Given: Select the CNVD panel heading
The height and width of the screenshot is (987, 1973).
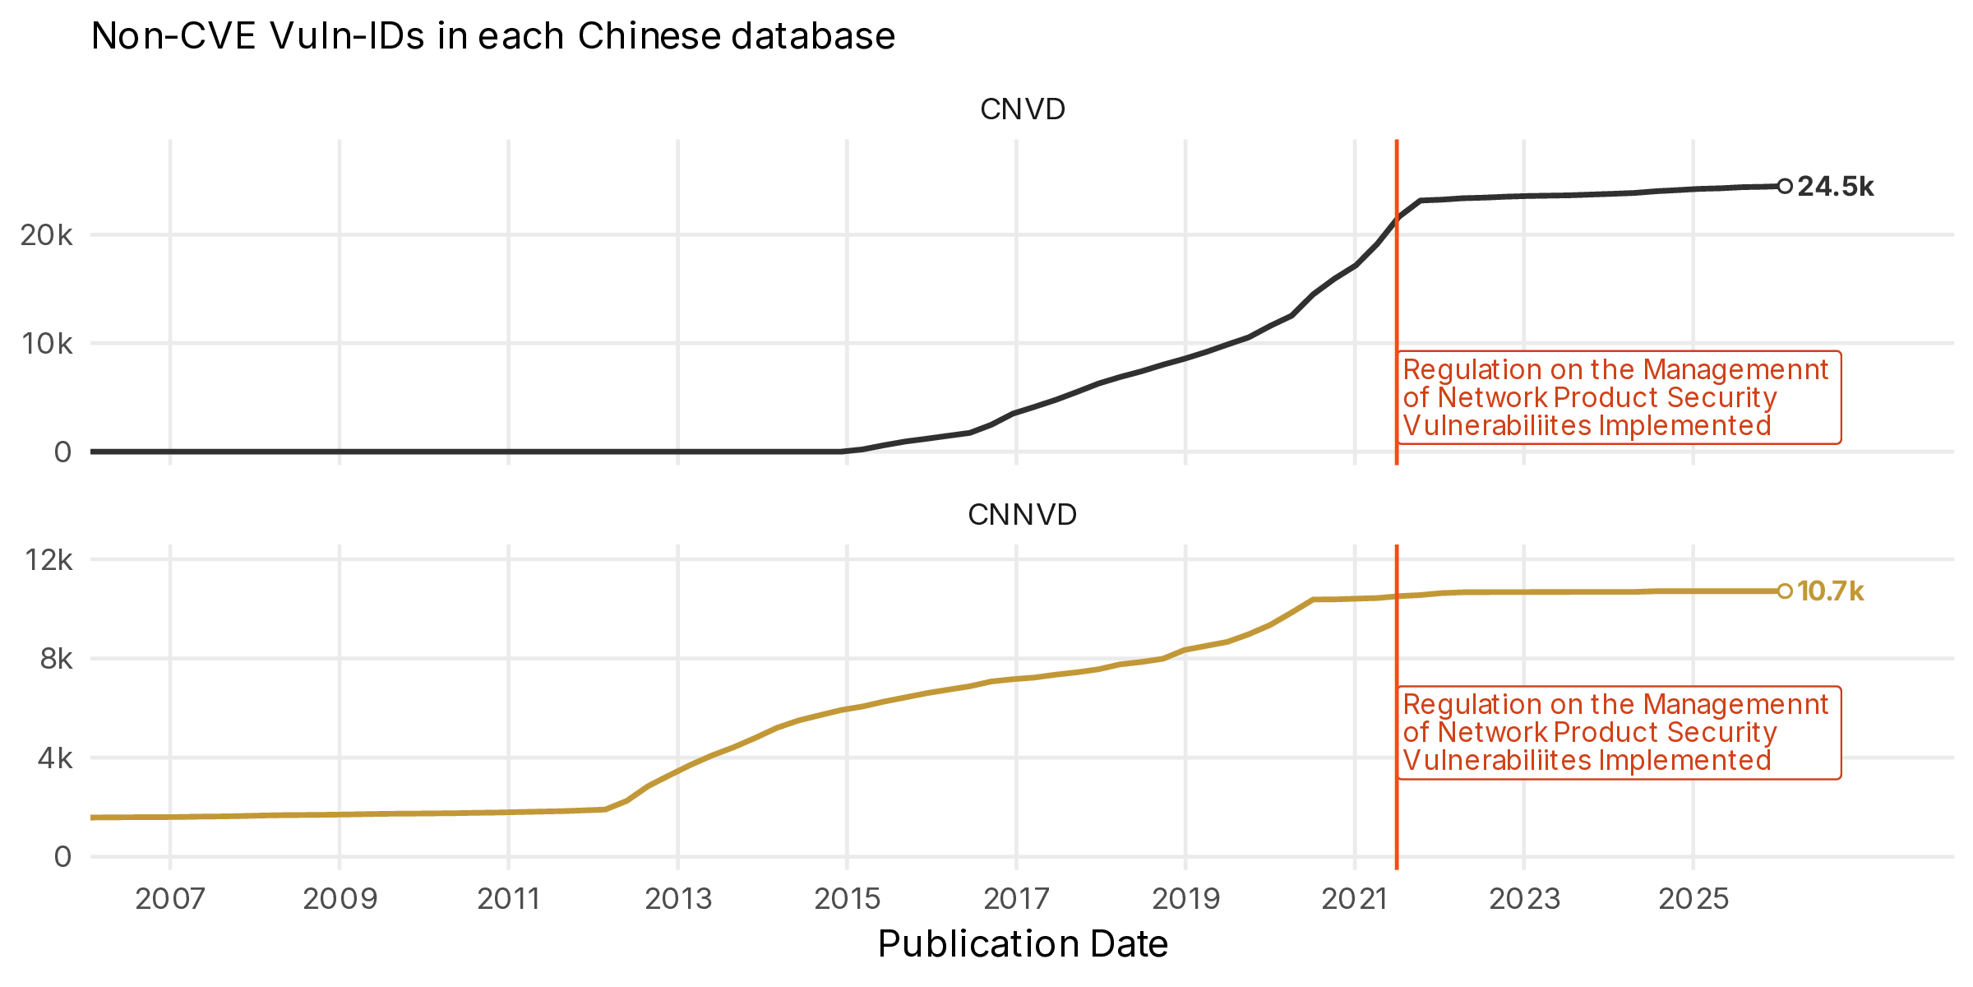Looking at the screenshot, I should click(x=1022, y=109).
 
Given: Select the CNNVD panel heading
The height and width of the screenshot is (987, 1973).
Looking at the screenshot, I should click(x=1022, y=515).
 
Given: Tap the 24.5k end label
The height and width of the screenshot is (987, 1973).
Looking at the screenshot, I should click(x=1835, y=187).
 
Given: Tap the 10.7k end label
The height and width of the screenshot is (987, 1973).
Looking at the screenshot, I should click(x=1830, y=591).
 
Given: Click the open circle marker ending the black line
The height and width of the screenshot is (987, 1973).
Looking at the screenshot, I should click(x=1785, y=187).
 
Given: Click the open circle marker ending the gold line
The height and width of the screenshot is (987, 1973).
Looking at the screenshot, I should click(x=1785, y=591).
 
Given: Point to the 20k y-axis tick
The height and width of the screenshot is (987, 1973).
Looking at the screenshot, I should click(x=47, y=236).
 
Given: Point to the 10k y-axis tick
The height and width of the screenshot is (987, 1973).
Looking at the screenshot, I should click(x=47, y=344).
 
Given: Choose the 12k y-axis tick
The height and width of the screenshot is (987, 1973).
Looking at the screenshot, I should click(x=49, y=561).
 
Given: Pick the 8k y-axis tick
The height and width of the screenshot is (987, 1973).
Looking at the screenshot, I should click(x=56, y=660).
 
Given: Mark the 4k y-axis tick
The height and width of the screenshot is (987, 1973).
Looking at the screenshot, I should click(x=56, y=758).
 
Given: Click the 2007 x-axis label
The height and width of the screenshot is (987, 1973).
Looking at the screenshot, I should click(x=170, y=899).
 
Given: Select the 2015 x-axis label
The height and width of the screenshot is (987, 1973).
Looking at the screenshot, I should click(x=847, y=899).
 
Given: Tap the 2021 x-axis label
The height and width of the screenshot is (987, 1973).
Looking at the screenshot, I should click(x=1354, y=899).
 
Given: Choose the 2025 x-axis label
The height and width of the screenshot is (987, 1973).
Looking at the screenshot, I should click(x=1693, y=899).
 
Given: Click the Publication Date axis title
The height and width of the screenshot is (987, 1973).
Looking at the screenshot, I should click(x=1022, y=944).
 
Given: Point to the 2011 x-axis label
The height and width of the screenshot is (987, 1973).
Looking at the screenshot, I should click(x=508, y=899).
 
